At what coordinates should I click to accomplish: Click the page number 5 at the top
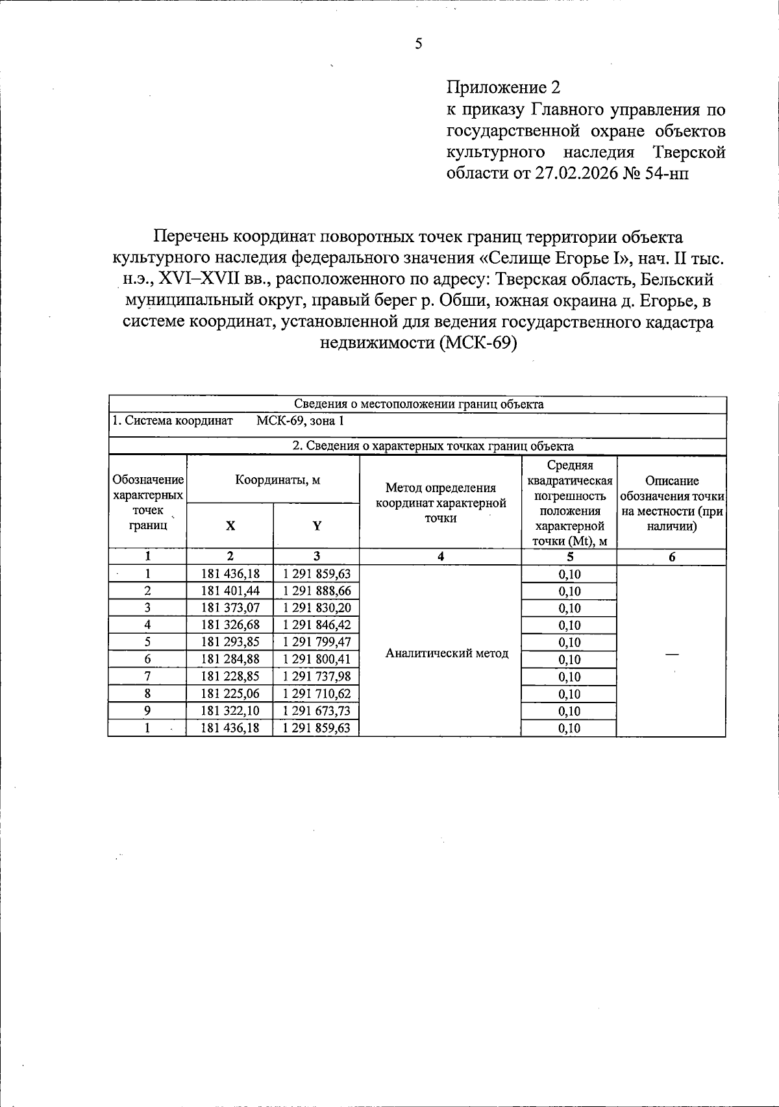pyautogui.click(x=418, y=44)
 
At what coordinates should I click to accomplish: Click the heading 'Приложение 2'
pyautogui.click(x=502, y=88)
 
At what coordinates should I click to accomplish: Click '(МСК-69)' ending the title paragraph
pyautogui.click(x=477, y=343)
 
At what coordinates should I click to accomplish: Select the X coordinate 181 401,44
pyautogui.click(x=230, y=591)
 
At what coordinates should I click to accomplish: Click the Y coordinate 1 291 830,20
pyautogui.click(x=317, y=608)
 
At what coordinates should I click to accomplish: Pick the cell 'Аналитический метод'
pyautogui.click(x=447, y=653)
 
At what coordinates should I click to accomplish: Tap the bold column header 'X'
pyautogui.click(x=230, y=526)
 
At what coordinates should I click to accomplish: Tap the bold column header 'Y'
pyautogui.click(x=317, y=526)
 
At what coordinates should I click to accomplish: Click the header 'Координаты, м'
pyautogui.click(x=277, y=480)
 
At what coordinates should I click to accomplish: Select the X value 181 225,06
pyautogui.click(x=230, y=693)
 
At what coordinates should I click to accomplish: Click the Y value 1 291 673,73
pyautogui.click(x=317, y=711)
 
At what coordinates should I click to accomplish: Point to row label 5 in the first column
pyautogui.click(x=148, y=641)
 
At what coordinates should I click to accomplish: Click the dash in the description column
pyautogui.click(x=671, y=654)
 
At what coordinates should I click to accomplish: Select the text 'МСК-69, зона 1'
pyautogui.click(x=300, y=421)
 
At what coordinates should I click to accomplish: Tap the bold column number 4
pyautogui.click(x=441, y=556)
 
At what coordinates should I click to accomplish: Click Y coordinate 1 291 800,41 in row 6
pyautogui.click(x=317, y=659)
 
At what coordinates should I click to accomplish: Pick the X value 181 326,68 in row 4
pyautogui.click(x=230, y=625)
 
